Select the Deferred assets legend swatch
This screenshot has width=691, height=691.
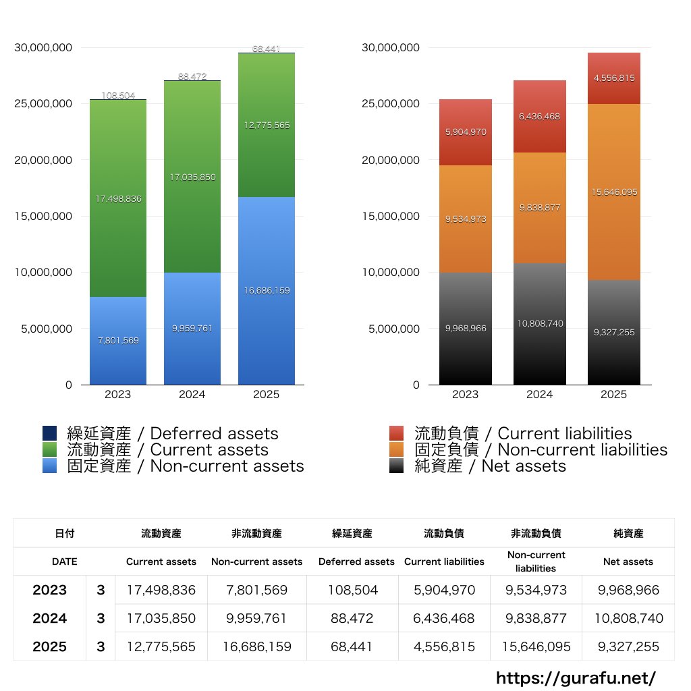point(50,433)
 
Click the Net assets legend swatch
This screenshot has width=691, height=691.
point(397,466)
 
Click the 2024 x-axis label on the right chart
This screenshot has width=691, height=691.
point(539,394)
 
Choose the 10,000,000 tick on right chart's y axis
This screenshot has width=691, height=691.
point(391,273)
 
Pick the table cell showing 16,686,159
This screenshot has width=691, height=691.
point(257,646)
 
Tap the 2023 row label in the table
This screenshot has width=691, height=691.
point(50,590)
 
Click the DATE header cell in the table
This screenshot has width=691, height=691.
point(65,561)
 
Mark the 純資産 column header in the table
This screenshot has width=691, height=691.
point(628,533)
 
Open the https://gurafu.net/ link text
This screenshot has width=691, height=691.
point(576,678)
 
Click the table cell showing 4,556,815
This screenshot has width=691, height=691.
point(444,646)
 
